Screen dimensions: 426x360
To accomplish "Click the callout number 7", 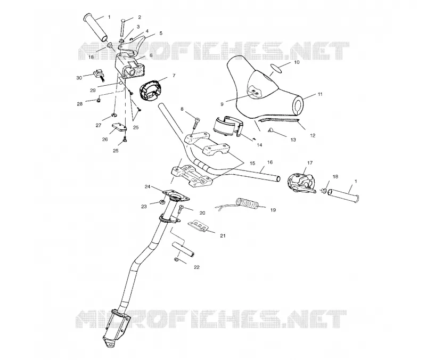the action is (x=174, y=76).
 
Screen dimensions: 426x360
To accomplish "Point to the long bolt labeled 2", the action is (x=122, y=28).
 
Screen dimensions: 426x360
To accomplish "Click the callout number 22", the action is (x=196, y=267).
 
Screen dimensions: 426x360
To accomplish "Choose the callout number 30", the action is (x=79, y=78).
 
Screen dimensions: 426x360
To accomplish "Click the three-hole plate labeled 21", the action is (x=198, y=226).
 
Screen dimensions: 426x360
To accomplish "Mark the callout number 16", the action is (x=270, y=162).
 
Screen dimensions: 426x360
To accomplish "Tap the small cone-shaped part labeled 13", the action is (x=271, y=130).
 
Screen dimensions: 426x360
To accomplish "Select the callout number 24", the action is (x=148, y=186).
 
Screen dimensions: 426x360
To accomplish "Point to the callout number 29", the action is (x=93, y=91).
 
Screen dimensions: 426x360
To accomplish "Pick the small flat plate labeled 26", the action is (x=119, y=127).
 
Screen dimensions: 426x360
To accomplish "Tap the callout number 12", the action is (x=313, y=135).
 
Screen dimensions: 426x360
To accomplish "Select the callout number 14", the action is (x=259, y=145).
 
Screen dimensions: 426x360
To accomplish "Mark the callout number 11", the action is (x=320, y=94).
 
